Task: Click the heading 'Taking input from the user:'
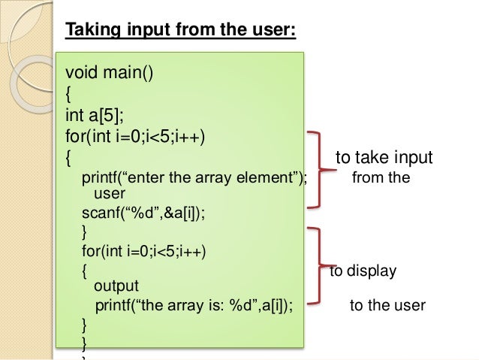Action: (x=181, y=31)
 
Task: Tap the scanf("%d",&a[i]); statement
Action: (x=142, y=212)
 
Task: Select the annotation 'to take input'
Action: (x=384, y=158)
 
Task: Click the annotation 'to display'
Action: (x=363, y=271)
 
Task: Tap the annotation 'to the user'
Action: (x=387, y=306)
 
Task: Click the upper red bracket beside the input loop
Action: (x=321, y=168)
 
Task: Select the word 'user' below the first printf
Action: (x=109, y=194)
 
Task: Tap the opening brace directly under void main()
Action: (x=70, y=95)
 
